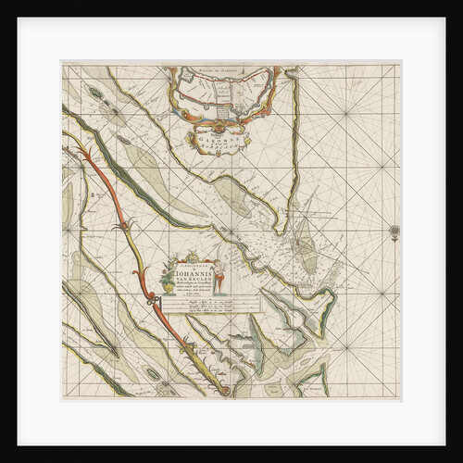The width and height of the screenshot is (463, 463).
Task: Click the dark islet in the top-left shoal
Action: click(x=99, y=94)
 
